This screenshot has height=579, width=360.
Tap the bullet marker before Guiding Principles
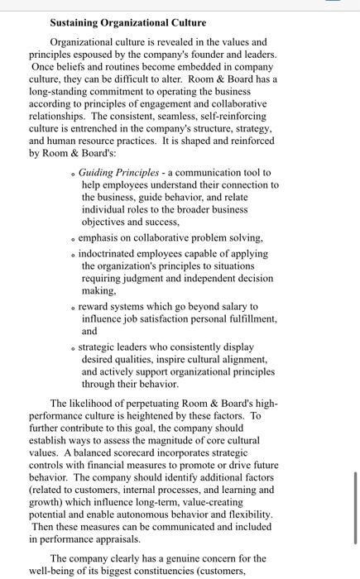(x=74, y=173)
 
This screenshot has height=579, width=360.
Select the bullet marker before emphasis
(x=74, y=238)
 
